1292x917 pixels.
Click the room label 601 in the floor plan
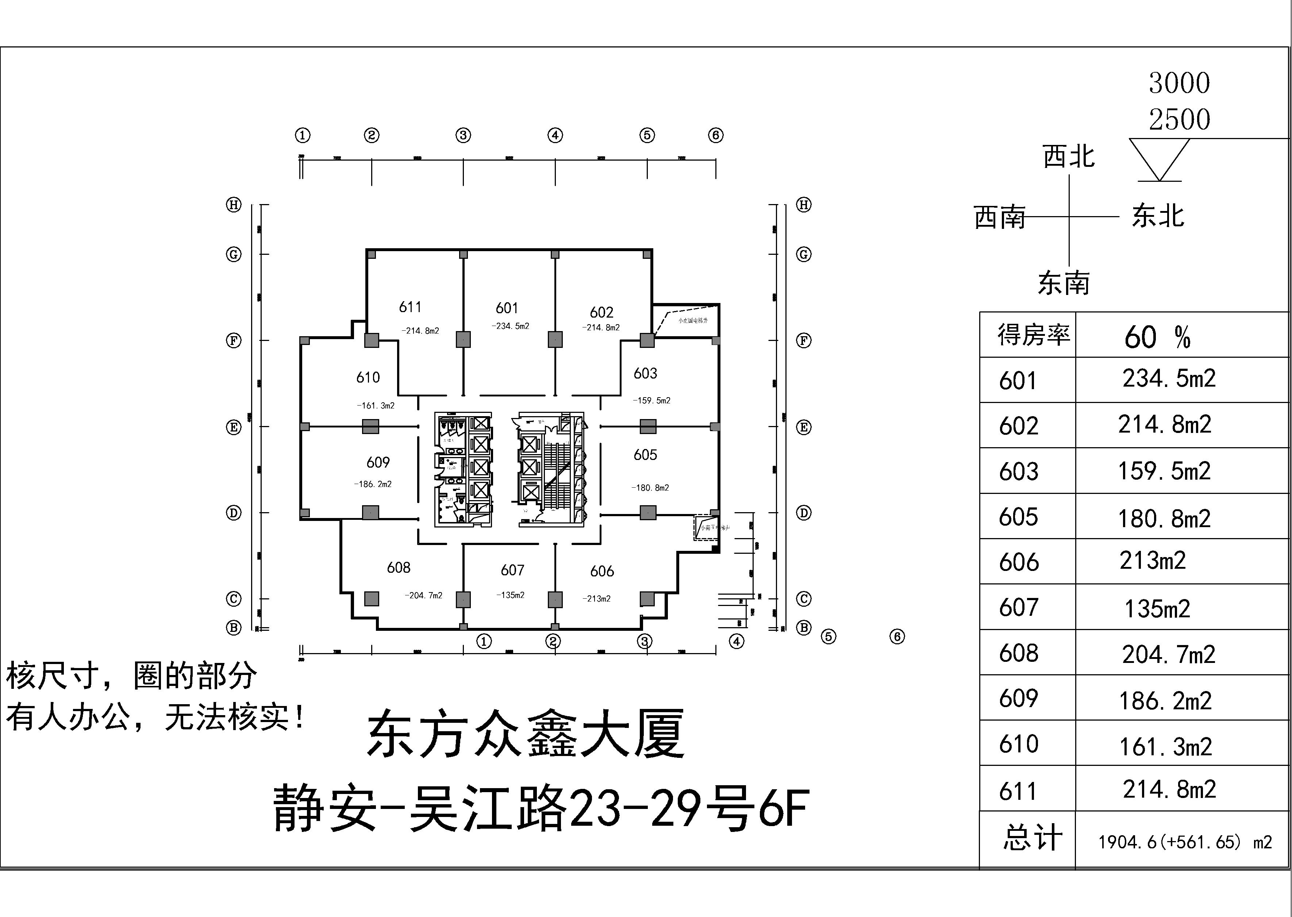click(507, 308)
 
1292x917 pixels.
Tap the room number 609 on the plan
click(378, 463)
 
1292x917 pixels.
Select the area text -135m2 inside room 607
click(511, 595)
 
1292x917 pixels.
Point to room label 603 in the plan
click(645, 373)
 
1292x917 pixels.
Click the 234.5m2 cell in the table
click(1168, 378)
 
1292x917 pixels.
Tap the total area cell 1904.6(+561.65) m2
click(1185, 843)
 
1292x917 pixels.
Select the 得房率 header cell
click(1033, 335)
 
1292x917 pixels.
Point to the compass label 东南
click(1064, 283)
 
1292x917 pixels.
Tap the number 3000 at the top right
click(1179, 84)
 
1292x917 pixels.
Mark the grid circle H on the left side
click(234, 205)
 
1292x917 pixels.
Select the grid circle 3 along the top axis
click(464, 135)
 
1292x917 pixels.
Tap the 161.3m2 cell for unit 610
click(1165, 747)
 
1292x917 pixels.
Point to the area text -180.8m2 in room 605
click(650, 488)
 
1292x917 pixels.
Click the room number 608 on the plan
click(399, 568)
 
